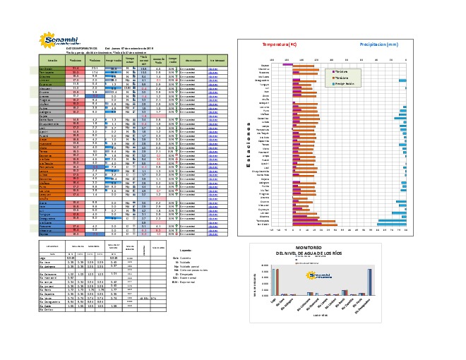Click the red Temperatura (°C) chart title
280,44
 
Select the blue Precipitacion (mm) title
383,44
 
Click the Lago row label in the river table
43,258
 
